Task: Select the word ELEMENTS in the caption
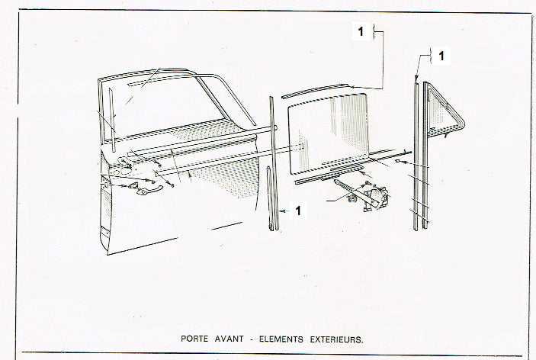coord(281,339)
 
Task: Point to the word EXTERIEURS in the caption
coord(336,340)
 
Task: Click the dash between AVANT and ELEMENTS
coord(252,339)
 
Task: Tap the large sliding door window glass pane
coord(328,134)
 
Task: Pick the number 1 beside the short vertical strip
coord(298,211)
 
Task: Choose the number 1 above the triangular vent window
coord(441,56)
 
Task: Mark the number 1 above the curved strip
coord(361,31)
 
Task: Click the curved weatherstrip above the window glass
coord(315,91)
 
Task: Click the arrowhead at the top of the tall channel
coord(416,79)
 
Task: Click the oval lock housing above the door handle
coord(127,170)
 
